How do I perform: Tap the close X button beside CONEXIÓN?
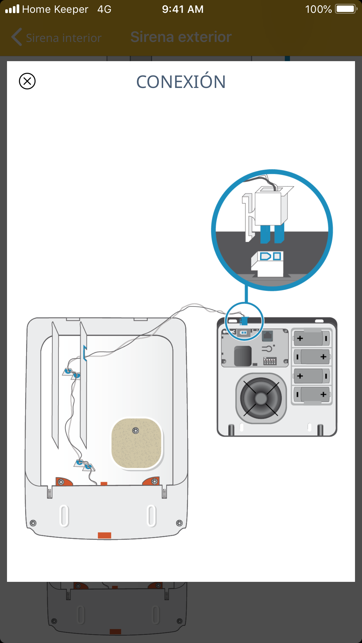pos(27,81)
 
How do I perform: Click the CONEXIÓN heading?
pos(181,82)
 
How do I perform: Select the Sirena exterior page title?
pos(181,37)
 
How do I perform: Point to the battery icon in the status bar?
pos(346,9)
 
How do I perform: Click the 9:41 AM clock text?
pos(183,9)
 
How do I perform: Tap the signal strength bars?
pos(12,9)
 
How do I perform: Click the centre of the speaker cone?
pos(261,398)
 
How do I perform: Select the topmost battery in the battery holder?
pos(312,338)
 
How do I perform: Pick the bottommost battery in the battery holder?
pos(312,395)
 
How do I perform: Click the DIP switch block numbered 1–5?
pos(270,361)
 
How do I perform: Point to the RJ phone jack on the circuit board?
pos(267,336)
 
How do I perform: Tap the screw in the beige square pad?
pos(136,431)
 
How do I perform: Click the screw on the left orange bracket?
pos(61,482)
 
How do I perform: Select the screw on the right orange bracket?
pos(154,481)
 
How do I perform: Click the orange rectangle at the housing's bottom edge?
pos(104,535)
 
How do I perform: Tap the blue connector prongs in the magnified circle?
pos(272,234)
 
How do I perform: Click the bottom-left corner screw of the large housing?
pos(33,523)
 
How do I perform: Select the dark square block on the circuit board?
pos(242,356)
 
